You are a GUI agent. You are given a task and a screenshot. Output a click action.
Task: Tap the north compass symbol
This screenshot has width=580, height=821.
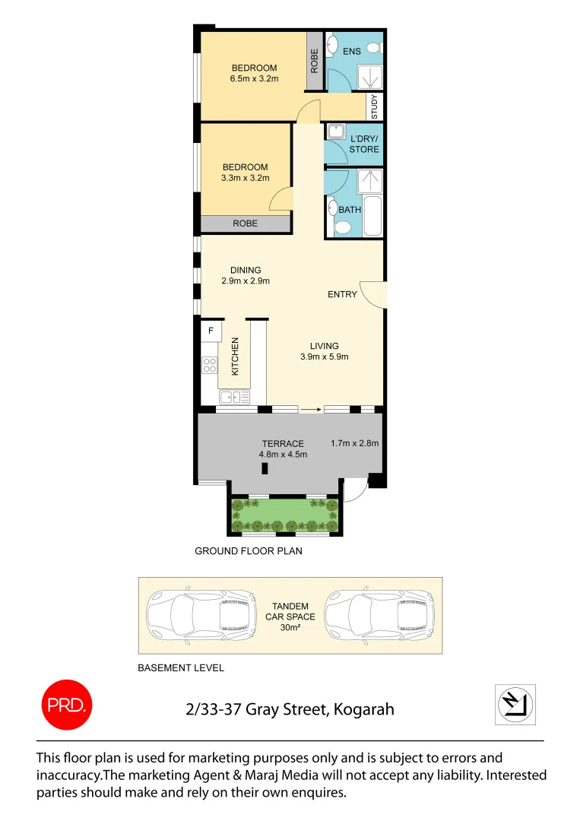click(x=516, y=704)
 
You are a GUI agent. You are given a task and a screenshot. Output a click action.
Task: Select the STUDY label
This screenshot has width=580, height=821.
click(x=374, y=107)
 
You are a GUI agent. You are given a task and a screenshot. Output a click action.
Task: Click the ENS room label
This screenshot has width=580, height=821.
click(x=352, y=51)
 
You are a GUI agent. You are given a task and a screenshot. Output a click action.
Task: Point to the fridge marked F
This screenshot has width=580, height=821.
click(x=211, y=331)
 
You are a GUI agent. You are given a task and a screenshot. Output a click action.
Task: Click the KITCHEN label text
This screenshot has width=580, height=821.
click(x=236, y=356)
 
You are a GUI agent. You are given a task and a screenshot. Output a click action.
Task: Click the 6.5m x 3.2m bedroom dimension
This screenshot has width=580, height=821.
click(x=254, y=78)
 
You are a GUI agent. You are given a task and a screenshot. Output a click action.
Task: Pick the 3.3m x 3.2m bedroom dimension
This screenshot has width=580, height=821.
click(x=245, y=179)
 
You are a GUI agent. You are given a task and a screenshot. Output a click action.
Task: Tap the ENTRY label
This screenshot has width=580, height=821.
click(x=342, y=294)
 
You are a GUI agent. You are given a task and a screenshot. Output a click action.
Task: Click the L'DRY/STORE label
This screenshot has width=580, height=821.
click(x=364, y=144)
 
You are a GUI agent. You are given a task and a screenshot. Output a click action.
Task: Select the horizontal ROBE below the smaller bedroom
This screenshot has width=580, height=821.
click(x=245, y=223)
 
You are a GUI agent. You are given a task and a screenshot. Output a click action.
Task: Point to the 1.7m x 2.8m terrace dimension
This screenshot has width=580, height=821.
click(x=354, y=443)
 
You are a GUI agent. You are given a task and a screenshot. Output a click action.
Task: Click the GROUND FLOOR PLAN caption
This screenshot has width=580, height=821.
click(x=249, y=551)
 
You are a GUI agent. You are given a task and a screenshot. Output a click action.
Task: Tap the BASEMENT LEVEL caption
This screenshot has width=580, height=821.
click(x=181, y=668)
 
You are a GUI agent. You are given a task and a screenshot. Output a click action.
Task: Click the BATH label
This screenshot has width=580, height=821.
click(x=350, y=209)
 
